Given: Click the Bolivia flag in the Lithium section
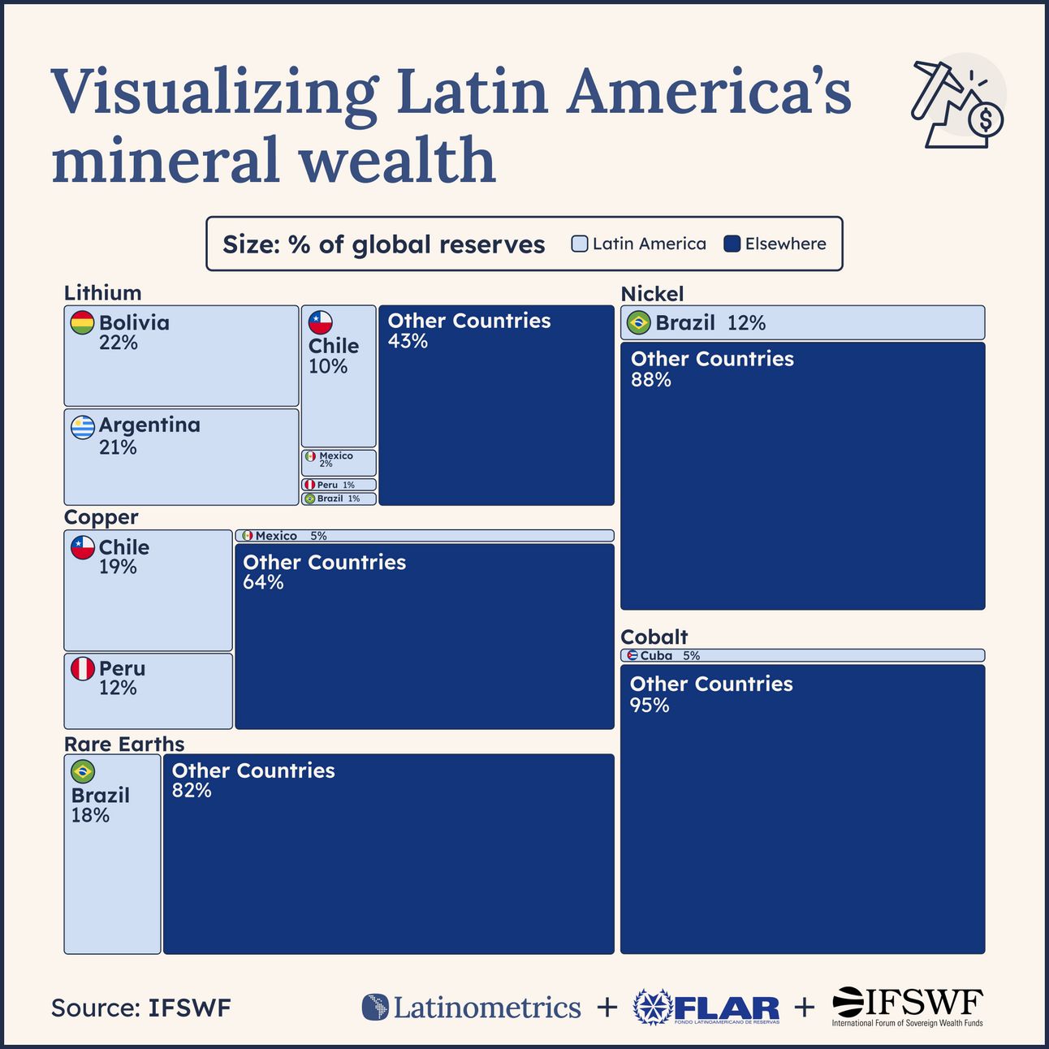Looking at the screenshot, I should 82,322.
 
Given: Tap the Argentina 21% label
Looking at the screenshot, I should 149,435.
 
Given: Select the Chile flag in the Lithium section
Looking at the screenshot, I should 321,322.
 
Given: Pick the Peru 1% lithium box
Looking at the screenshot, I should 339,485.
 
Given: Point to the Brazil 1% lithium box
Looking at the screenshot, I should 339,499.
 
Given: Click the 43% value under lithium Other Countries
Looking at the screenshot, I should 408,341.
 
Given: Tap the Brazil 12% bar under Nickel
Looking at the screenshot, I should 802,322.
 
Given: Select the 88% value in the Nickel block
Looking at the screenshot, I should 651,379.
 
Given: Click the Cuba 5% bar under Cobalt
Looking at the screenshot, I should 802,655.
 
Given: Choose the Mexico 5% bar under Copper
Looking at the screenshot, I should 424,536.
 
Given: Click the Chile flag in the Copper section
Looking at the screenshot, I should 82,547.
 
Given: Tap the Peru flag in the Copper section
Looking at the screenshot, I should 82,669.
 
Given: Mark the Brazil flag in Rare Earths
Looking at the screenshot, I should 82,771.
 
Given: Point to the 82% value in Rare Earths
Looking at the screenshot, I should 192,791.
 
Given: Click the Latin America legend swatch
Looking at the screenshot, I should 580,244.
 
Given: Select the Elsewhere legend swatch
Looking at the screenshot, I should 732,244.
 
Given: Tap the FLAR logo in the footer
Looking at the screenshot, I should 706,1008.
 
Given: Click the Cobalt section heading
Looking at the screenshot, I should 654,637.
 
